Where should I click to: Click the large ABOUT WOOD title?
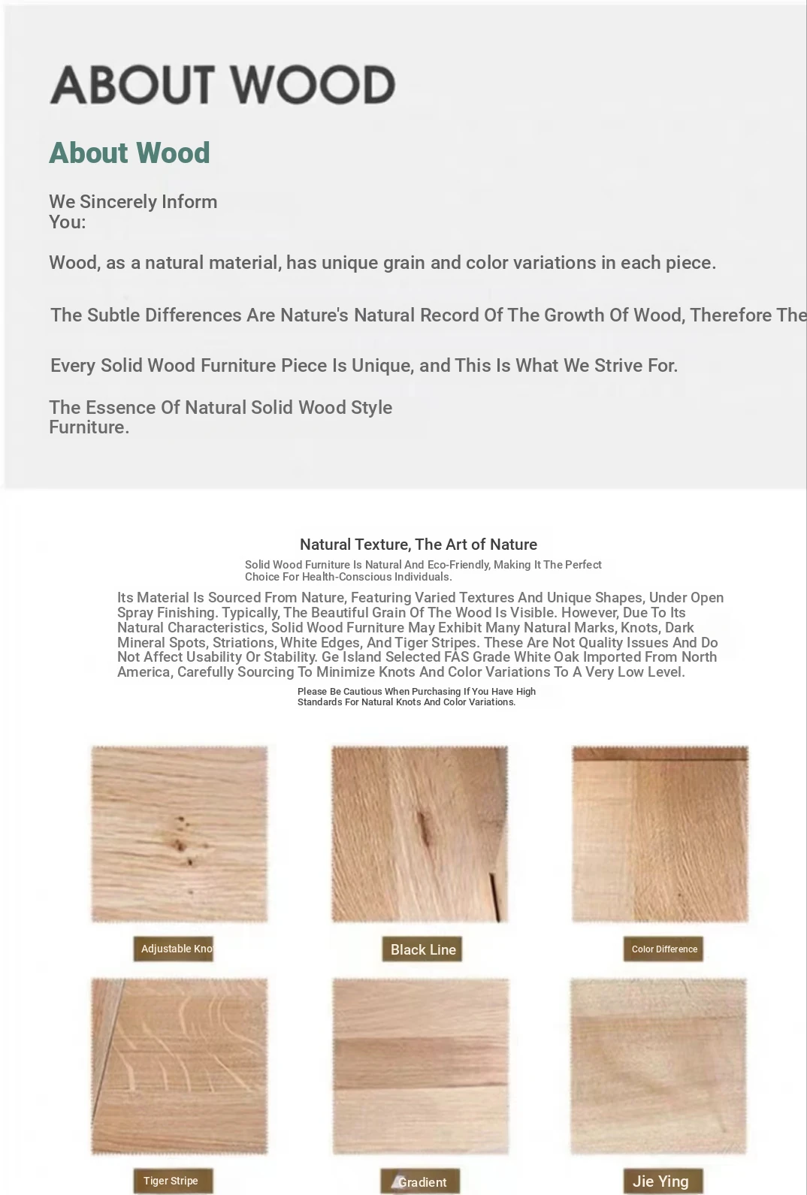tap(222, 84)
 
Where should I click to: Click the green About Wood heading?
tap(129, 153)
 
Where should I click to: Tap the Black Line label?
tap(422, 949)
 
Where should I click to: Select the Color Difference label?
tap(663, 949)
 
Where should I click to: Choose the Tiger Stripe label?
tap(172, 1181)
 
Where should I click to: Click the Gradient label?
tap(421, 1182)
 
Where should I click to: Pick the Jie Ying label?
tap(661, 1181)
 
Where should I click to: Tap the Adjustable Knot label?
tap(174, 949)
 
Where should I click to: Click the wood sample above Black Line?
tap(420, 834)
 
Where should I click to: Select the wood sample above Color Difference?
tap(660, 834)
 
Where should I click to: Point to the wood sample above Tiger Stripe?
tap(179, 1066)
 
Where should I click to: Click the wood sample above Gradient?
tap(421, 1066)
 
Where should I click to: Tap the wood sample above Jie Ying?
tap(658, 1066)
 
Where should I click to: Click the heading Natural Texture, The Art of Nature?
tap(418, 545)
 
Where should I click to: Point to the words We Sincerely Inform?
tap(133, 202)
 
